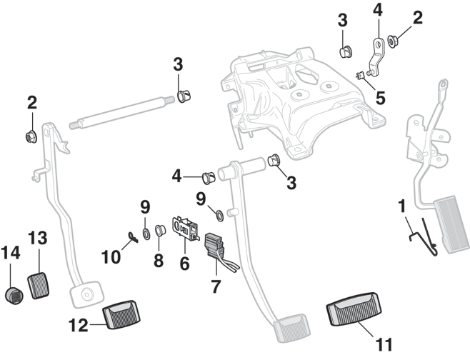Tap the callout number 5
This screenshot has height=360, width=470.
point(380,96)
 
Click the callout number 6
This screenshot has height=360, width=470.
point(184,264)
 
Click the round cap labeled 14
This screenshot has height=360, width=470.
point(14,295)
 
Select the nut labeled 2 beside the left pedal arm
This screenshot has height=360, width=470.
point(31,136)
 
